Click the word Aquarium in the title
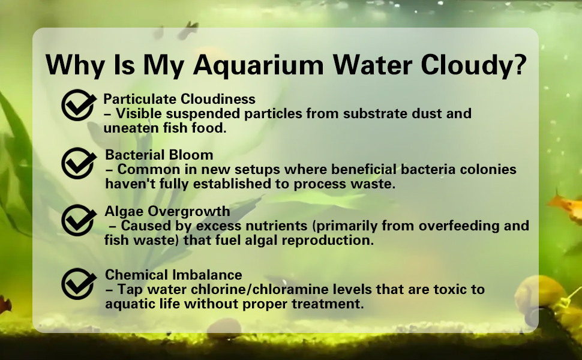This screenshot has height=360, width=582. [259, 65]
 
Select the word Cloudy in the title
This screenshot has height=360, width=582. [465, 65]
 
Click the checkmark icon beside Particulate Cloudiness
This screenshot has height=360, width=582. [79, 105]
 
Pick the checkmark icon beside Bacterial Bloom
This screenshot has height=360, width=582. [79, 163]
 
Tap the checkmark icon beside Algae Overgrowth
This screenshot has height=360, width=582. [79, 220]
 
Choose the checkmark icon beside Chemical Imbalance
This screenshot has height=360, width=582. [79, 284]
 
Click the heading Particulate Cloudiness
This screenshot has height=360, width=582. [179, 99]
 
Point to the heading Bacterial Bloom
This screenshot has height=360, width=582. [159, 155]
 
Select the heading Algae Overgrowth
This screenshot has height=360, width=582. [167, 211]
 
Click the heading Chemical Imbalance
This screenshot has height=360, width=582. [173, 275]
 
